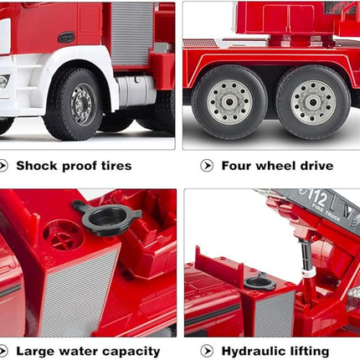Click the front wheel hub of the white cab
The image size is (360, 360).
point(82,104)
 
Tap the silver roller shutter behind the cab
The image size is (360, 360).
point(132,33)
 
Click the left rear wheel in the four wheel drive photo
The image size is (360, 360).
point(229,102)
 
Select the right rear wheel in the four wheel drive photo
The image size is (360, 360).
point(312,102)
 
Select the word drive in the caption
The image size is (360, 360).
point(313,166)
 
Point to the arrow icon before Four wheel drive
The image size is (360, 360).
point(207,166)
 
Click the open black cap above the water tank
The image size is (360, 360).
point(107,216)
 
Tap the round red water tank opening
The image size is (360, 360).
point(63,234)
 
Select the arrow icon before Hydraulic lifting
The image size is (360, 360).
point(207,352)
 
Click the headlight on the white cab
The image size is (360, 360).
point(4,81)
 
